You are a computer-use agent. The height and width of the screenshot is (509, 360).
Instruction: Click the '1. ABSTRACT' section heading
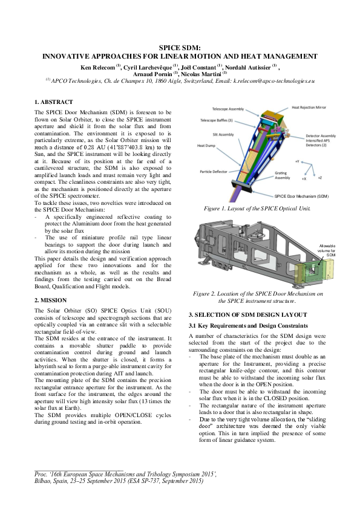tap(54, 102)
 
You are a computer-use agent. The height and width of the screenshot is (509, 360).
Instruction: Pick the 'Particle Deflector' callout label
tap(214, 172)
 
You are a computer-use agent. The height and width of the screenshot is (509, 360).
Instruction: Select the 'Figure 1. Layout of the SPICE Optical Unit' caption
tap(257, 209)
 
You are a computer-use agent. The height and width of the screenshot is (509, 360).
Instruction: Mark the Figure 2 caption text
tap(257, 297)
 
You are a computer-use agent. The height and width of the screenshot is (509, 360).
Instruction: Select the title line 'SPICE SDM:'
tap(180, 47)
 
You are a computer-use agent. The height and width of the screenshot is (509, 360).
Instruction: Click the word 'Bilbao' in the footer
tap(42, 482)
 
